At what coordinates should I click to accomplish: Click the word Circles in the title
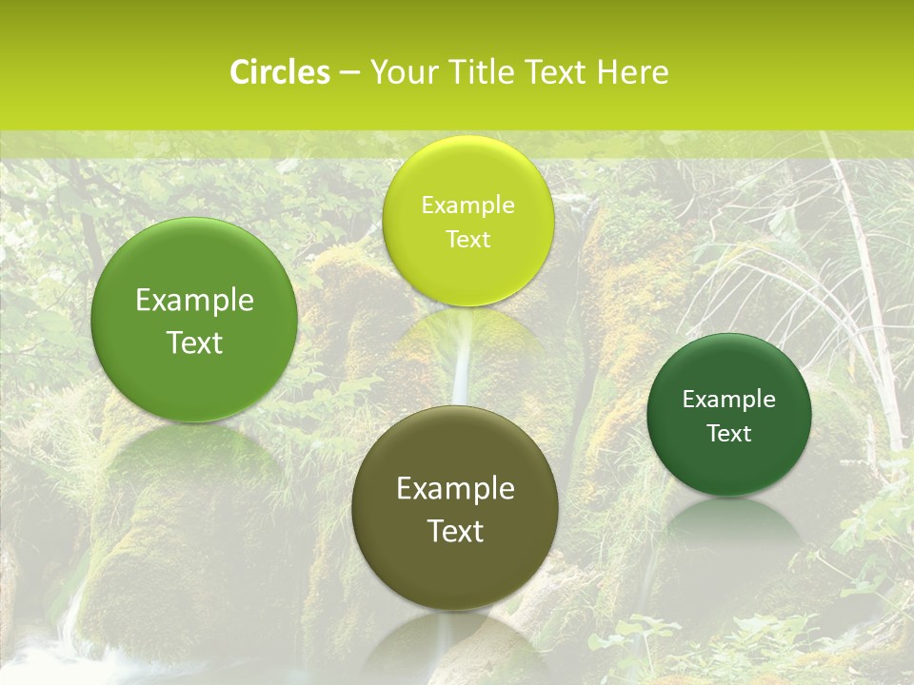(x=280, y=72)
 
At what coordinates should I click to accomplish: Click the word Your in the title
(x=401, y=72)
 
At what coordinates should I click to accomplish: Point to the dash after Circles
(x=349, y=73)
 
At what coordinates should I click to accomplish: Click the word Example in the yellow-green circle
(x=467, y=205)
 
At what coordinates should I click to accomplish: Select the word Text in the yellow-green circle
(x=467, y=239)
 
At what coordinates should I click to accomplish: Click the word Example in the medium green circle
(x=194, y=301)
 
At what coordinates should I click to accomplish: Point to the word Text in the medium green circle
(x=194, y=342)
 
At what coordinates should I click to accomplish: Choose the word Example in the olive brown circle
(x=455, y=489)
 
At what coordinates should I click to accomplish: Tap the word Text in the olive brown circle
(x=455, y=531)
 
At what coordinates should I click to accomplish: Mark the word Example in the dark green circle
(x=728, y=400)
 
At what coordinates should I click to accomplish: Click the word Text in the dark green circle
(x=728, y=434)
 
